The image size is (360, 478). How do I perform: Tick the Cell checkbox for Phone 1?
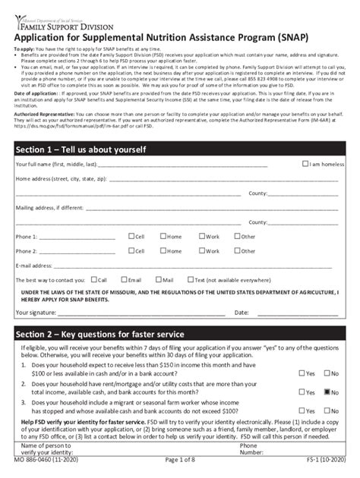[x=131, y=237]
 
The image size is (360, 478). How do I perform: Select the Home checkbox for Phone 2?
[x=163, y=251]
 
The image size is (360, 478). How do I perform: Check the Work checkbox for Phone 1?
[x=201, y=237]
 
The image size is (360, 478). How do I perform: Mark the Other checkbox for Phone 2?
[x=237, y=251]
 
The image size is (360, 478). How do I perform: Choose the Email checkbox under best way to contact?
[x=124, y=279]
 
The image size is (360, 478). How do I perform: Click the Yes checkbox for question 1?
[x=302, y=373]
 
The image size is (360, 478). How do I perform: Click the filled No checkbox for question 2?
[x=327, y=392]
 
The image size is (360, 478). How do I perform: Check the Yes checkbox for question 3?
[x=302, y=410]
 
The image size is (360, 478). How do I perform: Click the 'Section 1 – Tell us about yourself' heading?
[x=81, y=149]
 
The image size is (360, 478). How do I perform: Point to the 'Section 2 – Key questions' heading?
[x=99, y=333]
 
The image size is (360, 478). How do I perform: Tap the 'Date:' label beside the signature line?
[x=242, y=312]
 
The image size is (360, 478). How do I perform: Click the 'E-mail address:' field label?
[x=34, y=266]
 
